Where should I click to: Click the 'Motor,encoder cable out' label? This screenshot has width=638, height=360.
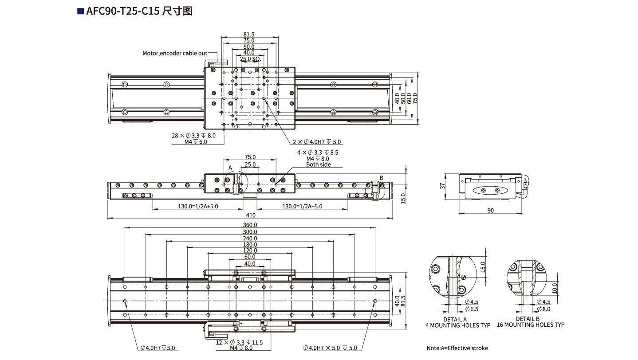pyautogui.click(x=174, y=53)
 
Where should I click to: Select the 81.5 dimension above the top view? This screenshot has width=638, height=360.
pyautogui.click(x=249, y=35)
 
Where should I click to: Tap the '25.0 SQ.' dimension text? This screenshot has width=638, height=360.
pyautogui.click(x=250, y=59)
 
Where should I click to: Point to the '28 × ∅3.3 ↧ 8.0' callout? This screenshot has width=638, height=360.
pyautogui.click(x=194, y=135)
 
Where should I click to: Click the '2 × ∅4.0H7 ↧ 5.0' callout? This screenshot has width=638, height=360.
pyautogui.click(x=317, y=142)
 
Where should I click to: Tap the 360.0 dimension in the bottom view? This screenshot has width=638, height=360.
pyautogui.click(x=250, y=225)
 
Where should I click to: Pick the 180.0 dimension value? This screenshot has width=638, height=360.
pyautogui.click(x=250, y=245)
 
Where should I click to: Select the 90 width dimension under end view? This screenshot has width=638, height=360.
pyautogui.click(x=490, y=211)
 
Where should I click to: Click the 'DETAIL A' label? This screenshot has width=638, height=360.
pyautogui.click(x=455, y=319)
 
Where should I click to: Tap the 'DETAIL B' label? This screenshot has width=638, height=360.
pyautogui.click(x=528, y=319)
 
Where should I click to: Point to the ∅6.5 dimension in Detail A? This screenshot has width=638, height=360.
pyautogui.click(x=471, y=309)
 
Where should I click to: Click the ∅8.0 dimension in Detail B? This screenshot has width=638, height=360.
pyautogui.click(x=544, y=309)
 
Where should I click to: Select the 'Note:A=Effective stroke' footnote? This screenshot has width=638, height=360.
pyautogui.click(x=457, y=348)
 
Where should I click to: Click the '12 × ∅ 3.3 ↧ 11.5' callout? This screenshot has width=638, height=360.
pyautogui.click(x=240, y=342)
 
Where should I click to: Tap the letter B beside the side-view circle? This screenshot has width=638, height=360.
pyautogui.click(x=381, y=178)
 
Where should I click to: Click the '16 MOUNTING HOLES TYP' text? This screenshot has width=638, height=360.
pyautogui.click(x=531, y=325)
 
